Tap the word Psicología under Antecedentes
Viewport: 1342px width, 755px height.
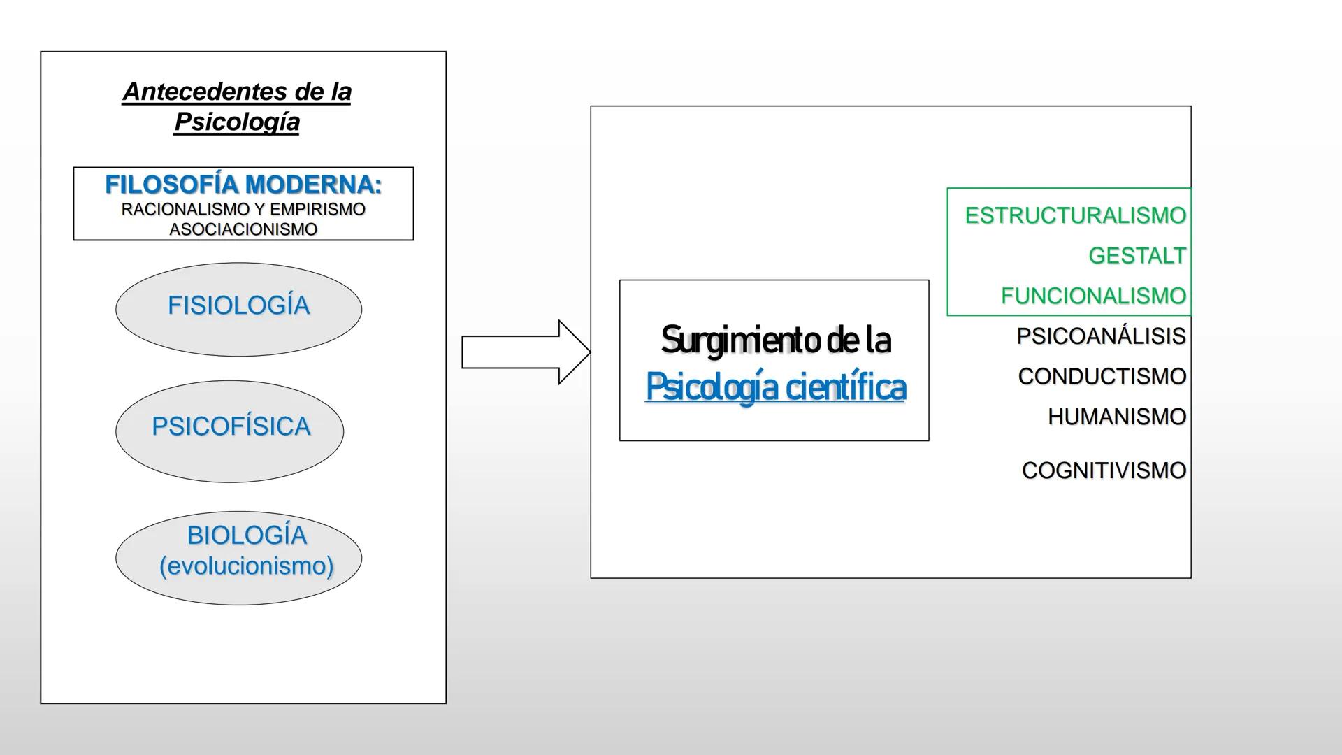(237, 122)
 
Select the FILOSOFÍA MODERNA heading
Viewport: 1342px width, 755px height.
(243, 185)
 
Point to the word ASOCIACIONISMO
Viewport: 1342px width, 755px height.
(243, 229)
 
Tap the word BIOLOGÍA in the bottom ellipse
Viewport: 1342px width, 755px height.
(247, 535)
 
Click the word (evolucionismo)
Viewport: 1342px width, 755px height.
(246, 566)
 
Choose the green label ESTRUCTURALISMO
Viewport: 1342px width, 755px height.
(1075, 215)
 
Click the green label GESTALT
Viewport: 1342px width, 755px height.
(1137, 256)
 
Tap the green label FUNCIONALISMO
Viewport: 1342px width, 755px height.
(1093, 296)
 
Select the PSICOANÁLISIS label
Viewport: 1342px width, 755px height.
(1101, 336)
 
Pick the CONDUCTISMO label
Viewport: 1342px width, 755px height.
(1102, 376)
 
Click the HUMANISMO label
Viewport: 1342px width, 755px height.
(1116, 417)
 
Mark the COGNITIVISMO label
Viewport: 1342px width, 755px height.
(1104, 470)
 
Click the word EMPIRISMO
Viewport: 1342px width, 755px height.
(317, 209)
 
